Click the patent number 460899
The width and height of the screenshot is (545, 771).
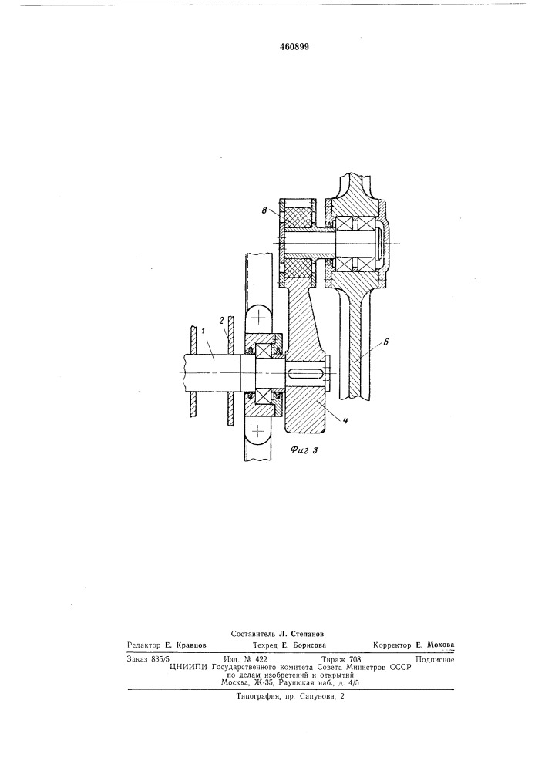[294, 47]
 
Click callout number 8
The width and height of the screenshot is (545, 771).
[264, 210]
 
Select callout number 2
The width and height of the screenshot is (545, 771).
[222, 320]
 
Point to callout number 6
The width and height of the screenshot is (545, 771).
[385, 342]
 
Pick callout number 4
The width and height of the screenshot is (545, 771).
[345, 420]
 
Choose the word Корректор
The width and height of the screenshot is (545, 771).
[392, 645]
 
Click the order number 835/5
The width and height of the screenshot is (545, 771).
[158, 659]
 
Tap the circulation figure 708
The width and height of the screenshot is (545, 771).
[354, 659]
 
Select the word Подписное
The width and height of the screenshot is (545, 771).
[435, 659]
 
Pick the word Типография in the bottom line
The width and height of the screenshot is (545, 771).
[256, 697]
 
